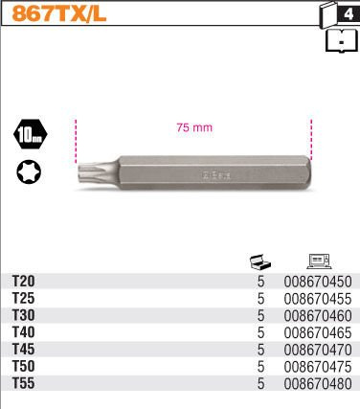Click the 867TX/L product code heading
(59, 14)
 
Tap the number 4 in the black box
(349, 14)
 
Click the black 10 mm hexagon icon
(31, 134)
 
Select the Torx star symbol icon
(29, 171)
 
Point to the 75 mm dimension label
(194, 127)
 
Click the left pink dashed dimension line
(76, 141)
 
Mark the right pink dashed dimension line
(311, 140)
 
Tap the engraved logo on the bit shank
(215, 174)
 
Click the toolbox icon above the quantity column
(260, 261)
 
